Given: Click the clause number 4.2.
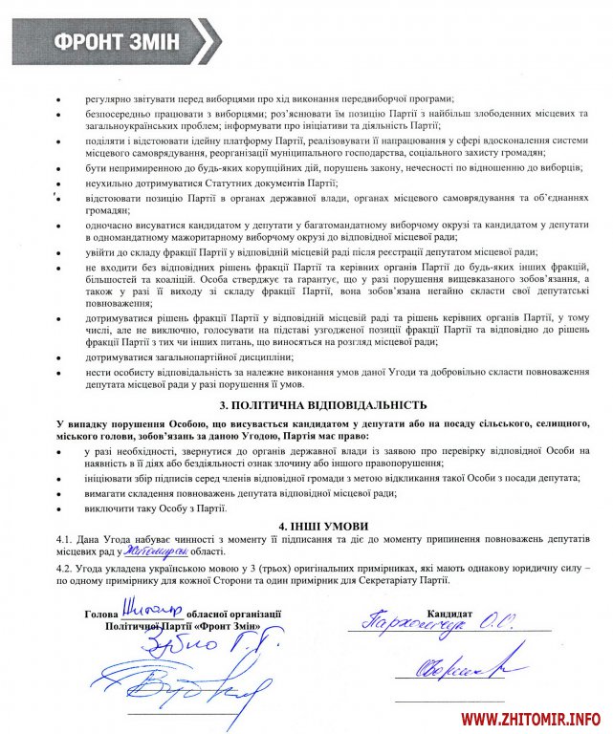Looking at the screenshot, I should (x=66, y=567).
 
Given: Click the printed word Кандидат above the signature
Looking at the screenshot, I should (x=449, y=612).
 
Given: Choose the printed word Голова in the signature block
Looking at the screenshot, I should (x=102, y=613).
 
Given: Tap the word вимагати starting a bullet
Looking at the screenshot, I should (x=109, y=492).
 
